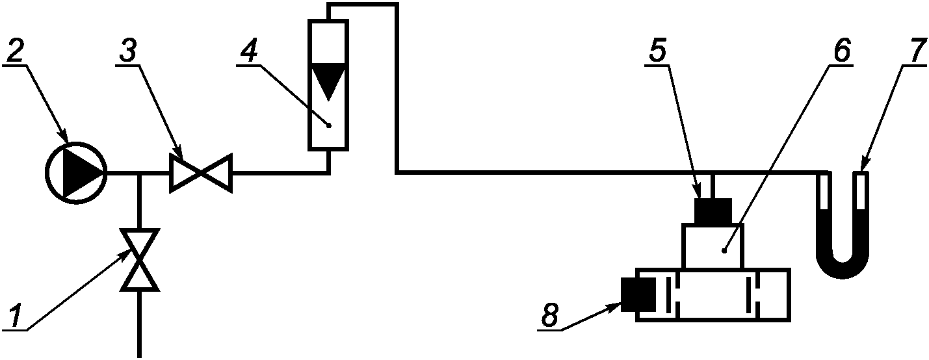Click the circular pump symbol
pos(75,173)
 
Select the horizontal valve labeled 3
pos(200,173)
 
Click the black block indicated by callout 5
pos(713,211)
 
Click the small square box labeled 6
pos(713,246)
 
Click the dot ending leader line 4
pos(329,125)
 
